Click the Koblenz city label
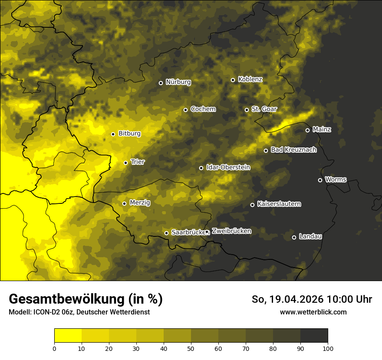[x=250, y=79]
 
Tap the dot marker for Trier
[x=126, y=163]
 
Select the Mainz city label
[x=322, y=129]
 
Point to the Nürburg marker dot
[x=161, y=83]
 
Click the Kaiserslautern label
[x=279, y=204]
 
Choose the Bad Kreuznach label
[x=293, y=150]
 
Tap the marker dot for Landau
[x=294, y=237]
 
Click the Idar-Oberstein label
[x=228, y=167]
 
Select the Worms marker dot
[x=320, y=180]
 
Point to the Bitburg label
[x=129, y=134]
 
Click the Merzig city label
[x=140, y=203]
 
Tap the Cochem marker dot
[x=185, y=110]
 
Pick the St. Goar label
[x=264, y=109]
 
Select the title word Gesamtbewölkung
[x=66, y=299]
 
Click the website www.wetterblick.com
[x=313, y=312]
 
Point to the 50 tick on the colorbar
[x=191, y=348]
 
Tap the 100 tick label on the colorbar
[x=328, y=348]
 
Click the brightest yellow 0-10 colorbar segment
[x=68, y=335]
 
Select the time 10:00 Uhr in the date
[x=349, y=299]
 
